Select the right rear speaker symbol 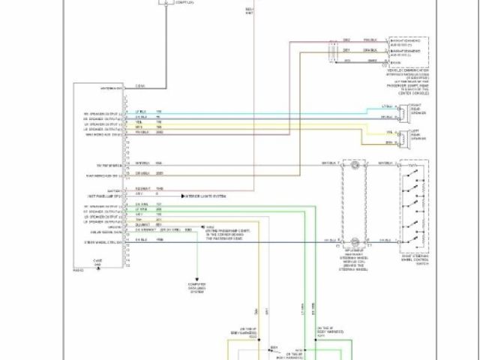pos(403,112)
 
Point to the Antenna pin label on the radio pos(110,88)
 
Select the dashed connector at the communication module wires pos(331,50)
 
